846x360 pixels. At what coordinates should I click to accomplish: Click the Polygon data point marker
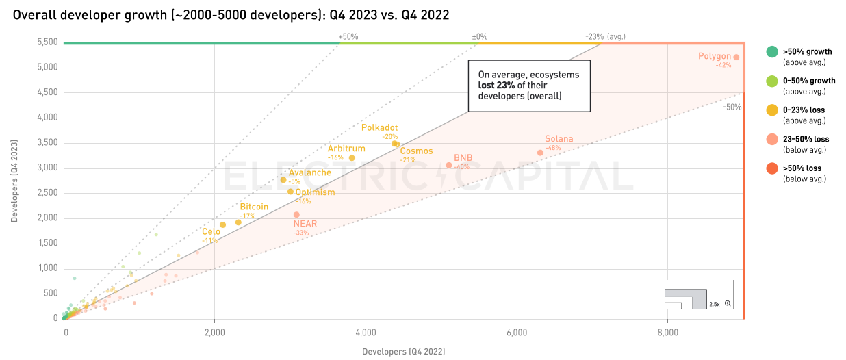coord(736,57)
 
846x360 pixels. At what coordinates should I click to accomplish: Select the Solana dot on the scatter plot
coord(540,153)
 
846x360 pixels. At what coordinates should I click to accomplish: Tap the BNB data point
coord(449,165)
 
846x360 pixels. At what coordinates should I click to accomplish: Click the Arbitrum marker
coord(352,158)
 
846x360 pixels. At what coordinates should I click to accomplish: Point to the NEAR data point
coord(296,215)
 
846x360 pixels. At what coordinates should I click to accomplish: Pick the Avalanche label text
coord(309,172)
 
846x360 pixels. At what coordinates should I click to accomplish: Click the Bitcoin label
coord(254,207)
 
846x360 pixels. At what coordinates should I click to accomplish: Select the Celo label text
coord(211,232)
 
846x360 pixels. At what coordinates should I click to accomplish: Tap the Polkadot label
coord(379,127)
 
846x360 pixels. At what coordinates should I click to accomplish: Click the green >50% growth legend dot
coord(771,52)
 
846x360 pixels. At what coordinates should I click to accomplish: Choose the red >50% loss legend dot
coord(771,168)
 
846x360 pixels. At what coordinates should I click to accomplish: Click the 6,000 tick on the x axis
coord(517,333)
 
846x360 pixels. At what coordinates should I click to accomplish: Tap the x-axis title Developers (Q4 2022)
coord(403,352)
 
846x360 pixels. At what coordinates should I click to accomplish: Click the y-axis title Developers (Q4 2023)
coord(14,181)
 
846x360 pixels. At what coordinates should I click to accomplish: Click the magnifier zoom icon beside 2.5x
coord(728,303)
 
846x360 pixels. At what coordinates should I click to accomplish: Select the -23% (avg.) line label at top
coord(605,36)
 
